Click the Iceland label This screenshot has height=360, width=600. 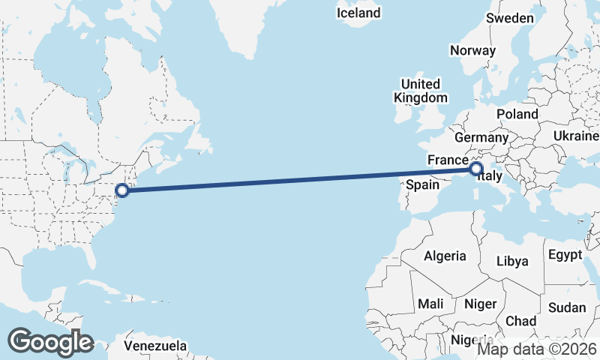coord(358,13)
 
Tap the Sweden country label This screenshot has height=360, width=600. coord(510,18)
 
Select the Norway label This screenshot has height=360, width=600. coord(472,50)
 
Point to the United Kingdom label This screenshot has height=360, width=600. coord(421,90)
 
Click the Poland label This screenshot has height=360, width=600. coord(517,114)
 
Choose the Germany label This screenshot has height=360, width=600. coord(481,138)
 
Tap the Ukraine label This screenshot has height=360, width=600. coord(576,135)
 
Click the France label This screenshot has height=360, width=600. coord(448,160)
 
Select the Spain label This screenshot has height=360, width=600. coord(421,184)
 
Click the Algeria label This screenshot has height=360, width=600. coord(445,256)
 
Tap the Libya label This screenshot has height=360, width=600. coord(513,261)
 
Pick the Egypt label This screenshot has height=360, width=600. coord(565,255)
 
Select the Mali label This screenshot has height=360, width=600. coord(430,304)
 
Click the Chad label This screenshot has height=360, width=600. coord(520,321)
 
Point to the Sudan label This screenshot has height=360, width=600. coord(567,307)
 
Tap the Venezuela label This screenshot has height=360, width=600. coord(155,346)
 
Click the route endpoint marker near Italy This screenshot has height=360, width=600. coord(475,169)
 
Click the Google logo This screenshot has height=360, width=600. coord(51,342)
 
